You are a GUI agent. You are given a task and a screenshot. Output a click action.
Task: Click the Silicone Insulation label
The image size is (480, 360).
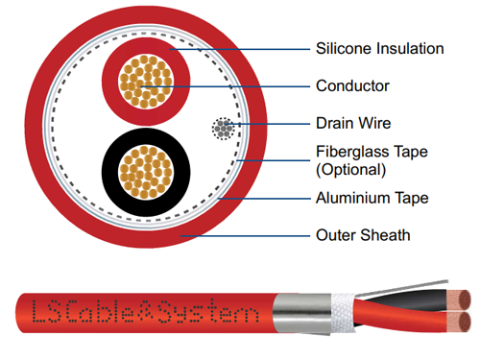tap(380, 49)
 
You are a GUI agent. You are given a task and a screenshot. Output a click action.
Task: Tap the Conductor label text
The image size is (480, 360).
tap(352, 85)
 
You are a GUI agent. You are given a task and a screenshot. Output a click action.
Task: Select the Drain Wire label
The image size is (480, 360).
tap(353, 123)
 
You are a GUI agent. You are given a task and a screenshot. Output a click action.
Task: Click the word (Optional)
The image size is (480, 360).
tap(350, 170)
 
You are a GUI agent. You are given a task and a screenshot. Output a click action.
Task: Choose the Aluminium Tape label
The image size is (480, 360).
tap(372, 198)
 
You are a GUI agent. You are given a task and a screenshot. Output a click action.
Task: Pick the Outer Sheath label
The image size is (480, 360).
tap(363, 235)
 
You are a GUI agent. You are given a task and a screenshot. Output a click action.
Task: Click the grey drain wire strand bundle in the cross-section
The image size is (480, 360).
tap(223, 129)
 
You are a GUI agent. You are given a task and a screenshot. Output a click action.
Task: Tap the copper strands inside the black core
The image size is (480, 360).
tap(146, 172)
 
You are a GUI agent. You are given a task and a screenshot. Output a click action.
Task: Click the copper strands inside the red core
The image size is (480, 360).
tap(146, 82)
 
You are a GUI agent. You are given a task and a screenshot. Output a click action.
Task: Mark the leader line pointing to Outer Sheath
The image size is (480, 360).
tap(245, 236)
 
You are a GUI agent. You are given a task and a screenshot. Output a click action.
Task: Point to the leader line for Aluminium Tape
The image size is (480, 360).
tap(264, 199)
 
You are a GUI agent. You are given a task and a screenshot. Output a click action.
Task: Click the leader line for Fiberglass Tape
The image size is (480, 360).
tap(273, 160)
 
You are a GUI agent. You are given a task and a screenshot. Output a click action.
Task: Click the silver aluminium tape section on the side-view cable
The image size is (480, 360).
tap(301, 314)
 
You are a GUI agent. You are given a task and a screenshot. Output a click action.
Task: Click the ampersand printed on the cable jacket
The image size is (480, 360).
tap(146, 311)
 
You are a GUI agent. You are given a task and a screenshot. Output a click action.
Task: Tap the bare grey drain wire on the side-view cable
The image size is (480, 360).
tap(402, 288)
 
